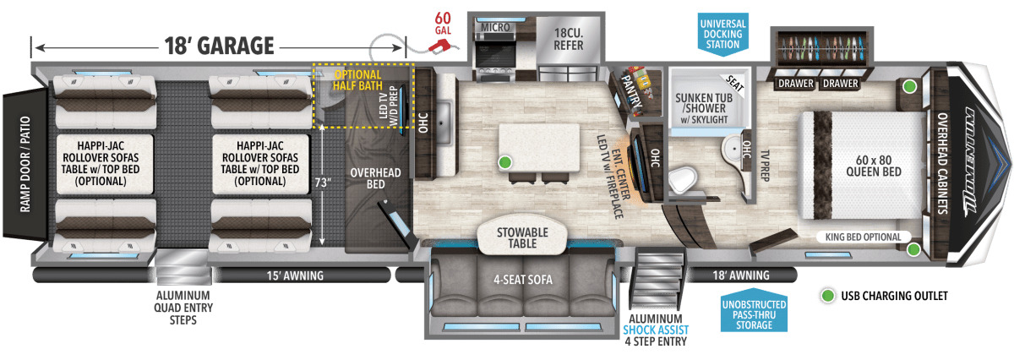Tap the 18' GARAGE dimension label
(218, 44)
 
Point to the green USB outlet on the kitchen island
(504, 161)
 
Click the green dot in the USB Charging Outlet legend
(828, 296)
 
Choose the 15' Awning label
(284, 275)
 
